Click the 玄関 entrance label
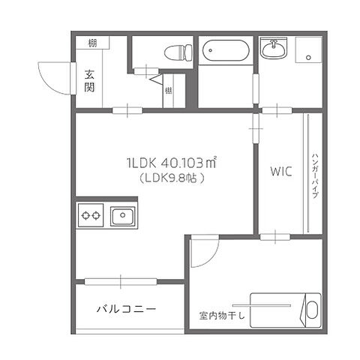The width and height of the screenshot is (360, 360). pos(89,81)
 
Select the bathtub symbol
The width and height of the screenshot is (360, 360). pos(225,52)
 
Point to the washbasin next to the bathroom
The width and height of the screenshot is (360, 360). pos(272,50)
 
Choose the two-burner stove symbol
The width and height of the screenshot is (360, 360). pos(91,217)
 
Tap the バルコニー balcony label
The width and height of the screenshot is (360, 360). pos(125,309)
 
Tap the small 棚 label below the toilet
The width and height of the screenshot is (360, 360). pos(169,91)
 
